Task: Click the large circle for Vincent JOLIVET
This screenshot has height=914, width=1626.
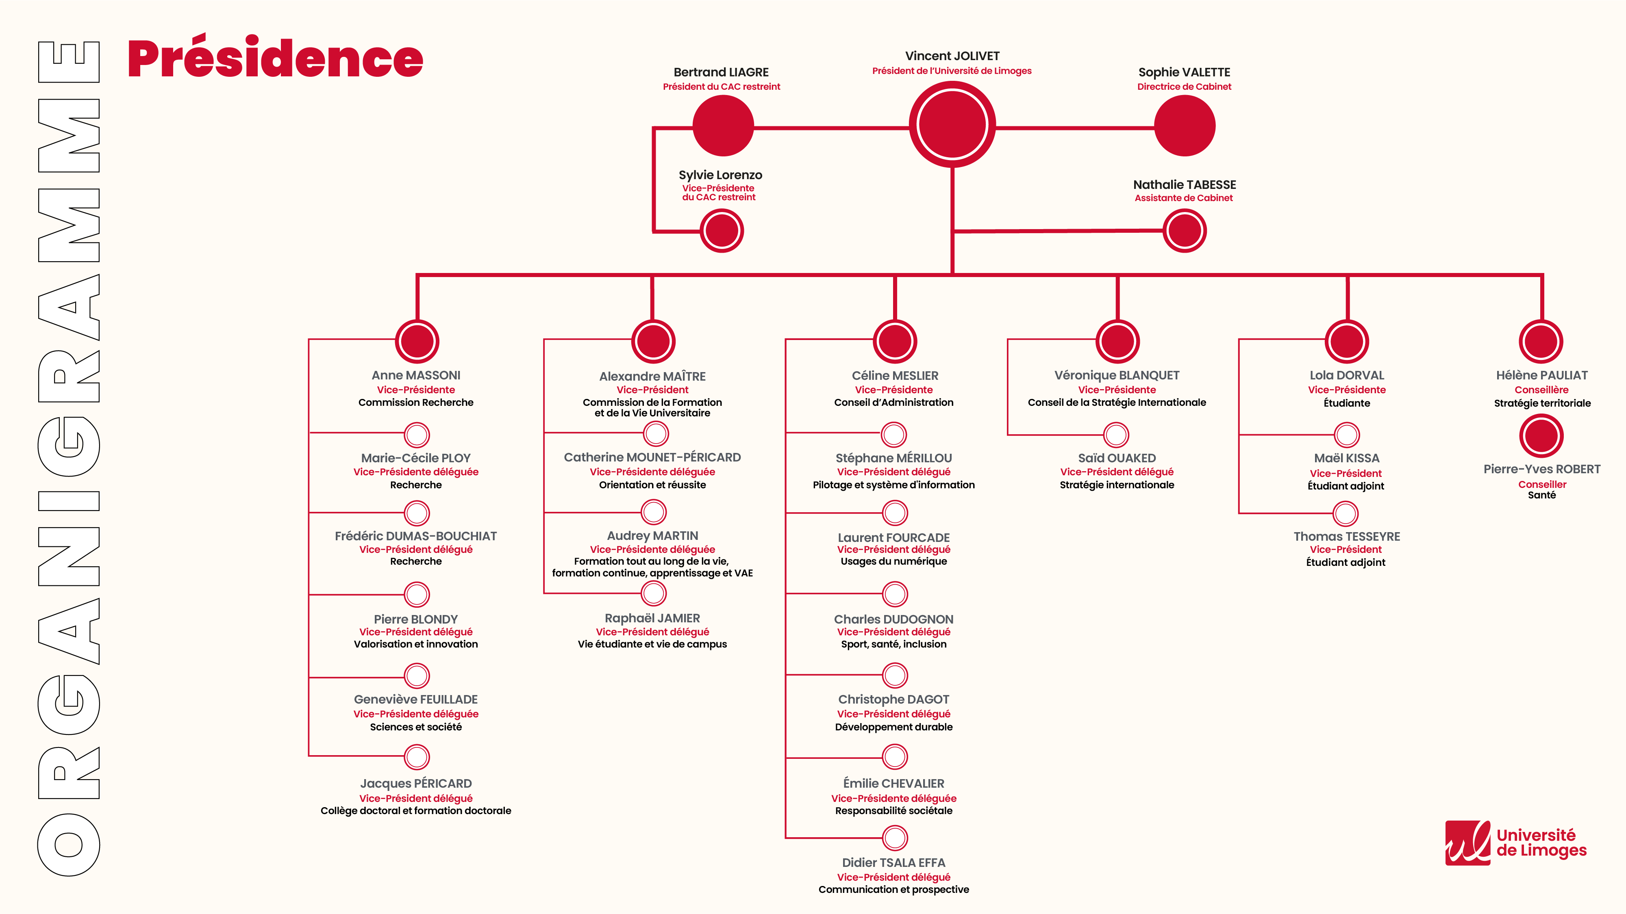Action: pos(952,125)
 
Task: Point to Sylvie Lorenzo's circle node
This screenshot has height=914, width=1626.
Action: pos(722,231)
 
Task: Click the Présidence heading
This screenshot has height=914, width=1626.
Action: pos(275,58)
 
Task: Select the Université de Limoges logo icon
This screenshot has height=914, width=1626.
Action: pos(1467,843)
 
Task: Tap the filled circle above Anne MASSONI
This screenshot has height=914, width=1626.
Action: pos(417,341)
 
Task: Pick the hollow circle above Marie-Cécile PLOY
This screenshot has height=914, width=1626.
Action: pos(417,435)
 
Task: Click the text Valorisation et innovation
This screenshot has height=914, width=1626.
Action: pos(415,644)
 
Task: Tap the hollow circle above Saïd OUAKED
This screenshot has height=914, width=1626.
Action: pos(1116,435)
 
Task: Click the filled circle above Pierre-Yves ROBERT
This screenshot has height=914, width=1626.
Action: pos(1541,436)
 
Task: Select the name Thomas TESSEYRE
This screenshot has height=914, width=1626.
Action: pos(1346,536)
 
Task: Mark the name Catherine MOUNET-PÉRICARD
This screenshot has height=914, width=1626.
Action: pos(652,457)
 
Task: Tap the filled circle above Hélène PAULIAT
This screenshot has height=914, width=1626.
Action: pos(1541,341)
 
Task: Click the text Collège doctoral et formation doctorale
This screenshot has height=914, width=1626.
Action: pos(415,810)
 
